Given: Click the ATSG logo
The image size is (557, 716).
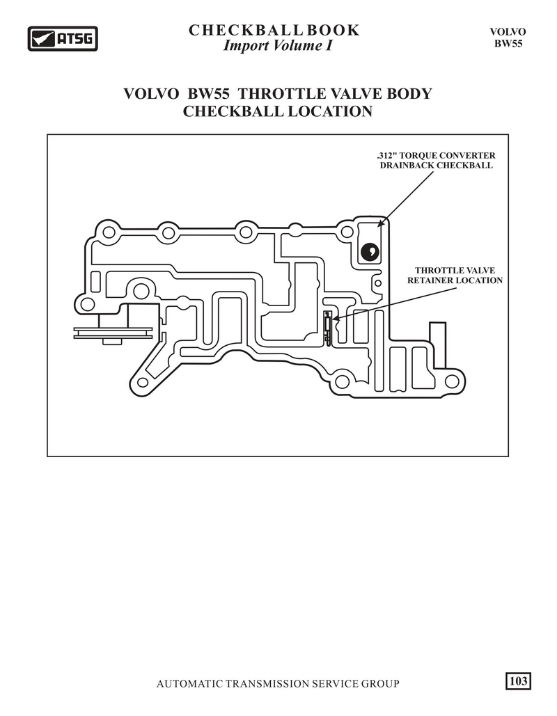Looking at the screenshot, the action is coord(63,38).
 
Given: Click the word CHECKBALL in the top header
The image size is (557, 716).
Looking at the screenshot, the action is coord(246,30).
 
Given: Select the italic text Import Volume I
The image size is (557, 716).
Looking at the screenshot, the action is coord(278,46).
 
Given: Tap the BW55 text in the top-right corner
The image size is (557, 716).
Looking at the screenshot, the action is coord(508,44).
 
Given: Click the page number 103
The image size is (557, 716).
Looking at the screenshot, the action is coord(518,681).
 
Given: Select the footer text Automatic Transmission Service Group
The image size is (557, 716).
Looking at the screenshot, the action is coord(278,683).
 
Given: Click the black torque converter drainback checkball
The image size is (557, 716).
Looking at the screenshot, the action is coord(369,251).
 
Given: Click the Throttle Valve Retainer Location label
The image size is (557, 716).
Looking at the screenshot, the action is coord(455,276).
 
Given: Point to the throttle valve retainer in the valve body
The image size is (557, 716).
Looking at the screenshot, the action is coord(328,327).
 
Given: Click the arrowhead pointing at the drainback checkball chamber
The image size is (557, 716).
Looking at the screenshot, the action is coord(381,223).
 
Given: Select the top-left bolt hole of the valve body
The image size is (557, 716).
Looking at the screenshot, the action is coord(109,232).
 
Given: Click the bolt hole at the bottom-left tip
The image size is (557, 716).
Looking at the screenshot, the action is coord(142,383).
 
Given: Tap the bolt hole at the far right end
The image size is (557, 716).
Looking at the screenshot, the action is coord(451,381).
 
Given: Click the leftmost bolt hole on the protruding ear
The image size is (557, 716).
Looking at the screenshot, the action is coord(87,303).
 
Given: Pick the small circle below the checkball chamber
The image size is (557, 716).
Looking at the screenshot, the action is coord(378,284).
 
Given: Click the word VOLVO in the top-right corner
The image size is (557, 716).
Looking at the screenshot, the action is coord(508,32).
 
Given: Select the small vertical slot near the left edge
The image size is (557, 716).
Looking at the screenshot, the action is coord(95,281).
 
